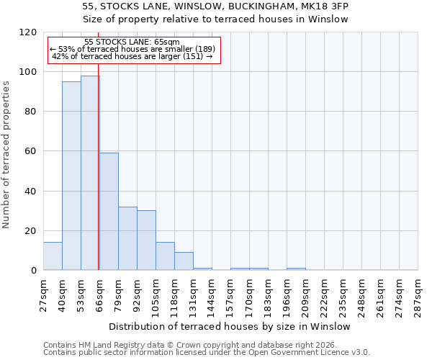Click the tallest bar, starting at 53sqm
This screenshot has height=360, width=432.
point(90,173)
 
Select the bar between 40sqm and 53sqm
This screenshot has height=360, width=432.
point(71,176)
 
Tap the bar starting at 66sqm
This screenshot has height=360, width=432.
point(109,212)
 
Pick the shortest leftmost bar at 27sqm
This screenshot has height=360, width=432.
point(53,256)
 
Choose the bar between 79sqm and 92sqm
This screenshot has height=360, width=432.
point(127,238)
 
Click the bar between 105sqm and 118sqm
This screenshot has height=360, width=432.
point(165,256)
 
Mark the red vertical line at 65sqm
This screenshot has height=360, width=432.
point(98,180)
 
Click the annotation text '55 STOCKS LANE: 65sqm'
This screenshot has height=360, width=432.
point(132,42)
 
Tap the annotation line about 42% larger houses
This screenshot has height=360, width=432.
point(132,56)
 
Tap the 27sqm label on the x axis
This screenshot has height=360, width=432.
point(44,292)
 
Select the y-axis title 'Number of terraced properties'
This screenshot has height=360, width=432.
point(6,155)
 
